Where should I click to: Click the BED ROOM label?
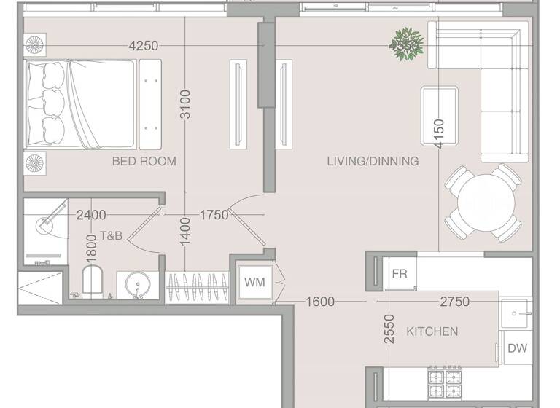pos(144,161)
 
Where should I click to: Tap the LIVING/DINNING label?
pos(373,161)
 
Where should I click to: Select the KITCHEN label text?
pos(432,331)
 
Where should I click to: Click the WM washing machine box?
pos(254,281)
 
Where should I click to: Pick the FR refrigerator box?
pos(400,274)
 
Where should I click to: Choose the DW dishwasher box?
pos(517,348)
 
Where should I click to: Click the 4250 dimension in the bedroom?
pos(143,45)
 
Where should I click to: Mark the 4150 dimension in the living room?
pos(438,134)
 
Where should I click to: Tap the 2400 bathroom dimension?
pos(91,215)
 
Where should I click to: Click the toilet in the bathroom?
pos(93,281)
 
